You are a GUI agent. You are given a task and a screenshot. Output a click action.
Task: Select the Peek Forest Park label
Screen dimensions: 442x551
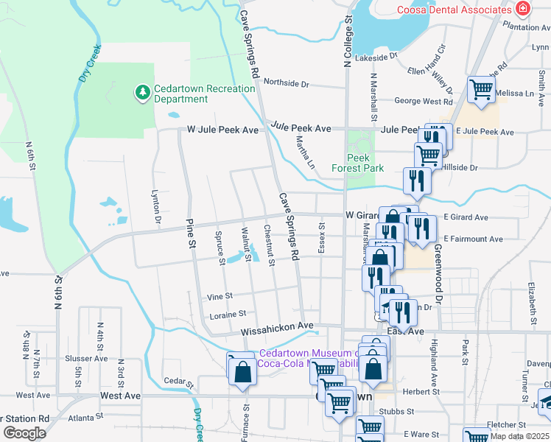[x=366, y=163]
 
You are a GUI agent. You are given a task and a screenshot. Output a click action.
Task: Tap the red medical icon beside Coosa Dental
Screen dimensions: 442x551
[x=522, y=9]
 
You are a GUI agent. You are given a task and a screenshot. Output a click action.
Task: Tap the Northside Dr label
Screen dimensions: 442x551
[x=286, y=83]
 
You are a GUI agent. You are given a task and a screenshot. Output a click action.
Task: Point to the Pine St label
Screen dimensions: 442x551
[x=190, y=233]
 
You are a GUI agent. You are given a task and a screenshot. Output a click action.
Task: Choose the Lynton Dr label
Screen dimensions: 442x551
[x=156, y=208]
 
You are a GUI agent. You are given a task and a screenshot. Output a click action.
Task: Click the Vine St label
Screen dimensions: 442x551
[x=220, y=295]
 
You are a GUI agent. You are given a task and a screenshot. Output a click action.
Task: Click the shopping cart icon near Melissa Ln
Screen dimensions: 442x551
[x=482, y=90]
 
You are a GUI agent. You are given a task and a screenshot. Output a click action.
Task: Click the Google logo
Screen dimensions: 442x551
[x=24, y=433]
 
